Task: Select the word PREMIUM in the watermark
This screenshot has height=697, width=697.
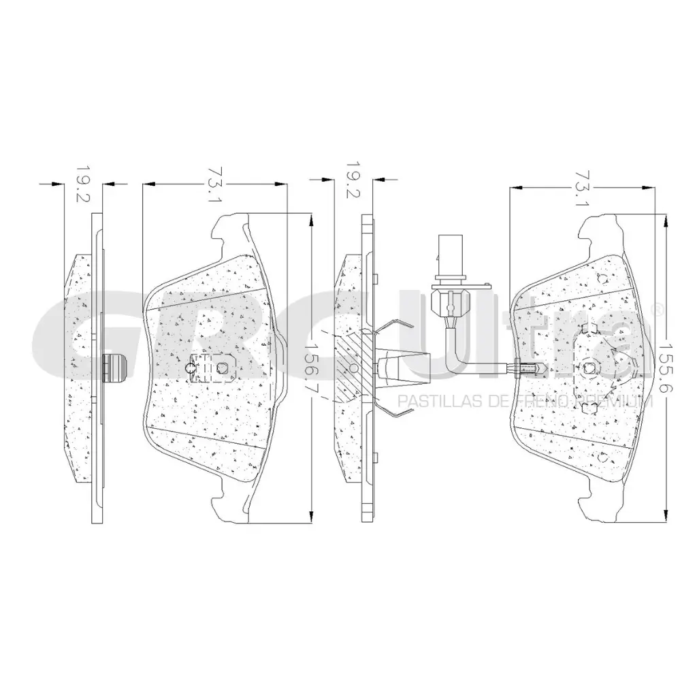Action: (x=615, y=402)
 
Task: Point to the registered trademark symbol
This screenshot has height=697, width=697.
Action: (x=658, y=310)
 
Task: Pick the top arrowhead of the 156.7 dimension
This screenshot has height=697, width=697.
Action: (x=312, y=219)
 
